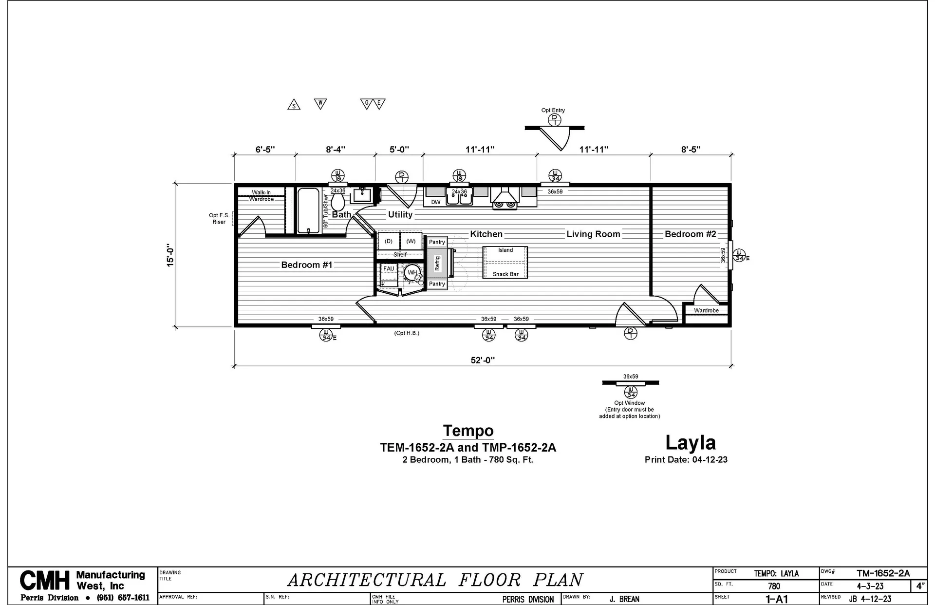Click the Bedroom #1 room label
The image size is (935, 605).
tap(307, 265)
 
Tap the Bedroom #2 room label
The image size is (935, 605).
tap(691, 234)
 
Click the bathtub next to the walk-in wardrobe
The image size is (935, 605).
tap(308, 210)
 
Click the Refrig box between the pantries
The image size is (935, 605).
tap(437, 263)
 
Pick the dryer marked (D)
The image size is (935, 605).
tap(389, 241)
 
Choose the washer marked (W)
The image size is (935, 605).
tap(411, 241)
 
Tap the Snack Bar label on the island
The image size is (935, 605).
tap(505, 274)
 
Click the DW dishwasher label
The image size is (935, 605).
tap(436, 202)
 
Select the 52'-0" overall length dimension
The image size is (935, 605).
tap(483, 360)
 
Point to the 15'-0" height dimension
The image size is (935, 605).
tap(170, 255)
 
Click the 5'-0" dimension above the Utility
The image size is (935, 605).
tap(399, 150)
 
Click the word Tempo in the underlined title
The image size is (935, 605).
tap(468, 431)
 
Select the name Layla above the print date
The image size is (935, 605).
tap(691, 442)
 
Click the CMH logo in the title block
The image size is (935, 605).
tap(45, 580)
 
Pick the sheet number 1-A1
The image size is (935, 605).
tap(777, 599)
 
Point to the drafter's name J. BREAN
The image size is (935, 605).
tap(624, 599)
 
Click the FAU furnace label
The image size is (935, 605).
tap(389, 269)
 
